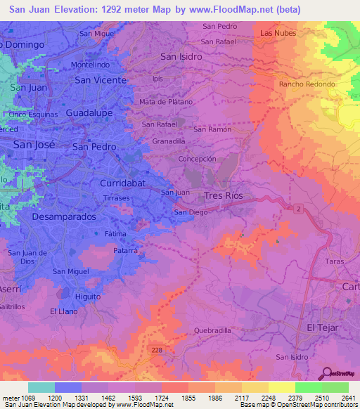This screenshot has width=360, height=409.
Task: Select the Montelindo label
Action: [x=90, y=65]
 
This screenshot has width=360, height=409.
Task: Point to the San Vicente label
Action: [x=101, y=80]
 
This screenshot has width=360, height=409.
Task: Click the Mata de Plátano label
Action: [x=167, y=102]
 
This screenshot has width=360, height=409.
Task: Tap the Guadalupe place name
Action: [x=89, y=112]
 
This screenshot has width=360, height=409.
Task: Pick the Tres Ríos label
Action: [x=223, y=195]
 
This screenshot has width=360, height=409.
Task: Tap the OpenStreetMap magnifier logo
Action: [x=327, y=373]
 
